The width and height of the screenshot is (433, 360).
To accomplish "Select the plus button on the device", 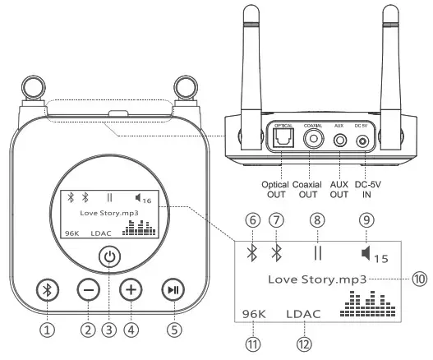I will (131, 289).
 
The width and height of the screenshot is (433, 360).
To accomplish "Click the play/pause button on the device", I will (173, 289).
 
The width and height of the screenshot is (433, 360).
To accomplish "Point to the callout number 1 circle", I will (48, 330).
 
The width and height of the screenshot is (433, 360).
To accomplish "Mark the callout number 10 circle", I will (421, 279).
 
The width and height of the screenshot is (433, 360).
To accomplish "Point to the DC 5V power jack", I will (362, 141).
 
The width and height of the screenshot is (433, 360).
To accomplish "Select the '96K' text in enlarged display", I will (254, 314).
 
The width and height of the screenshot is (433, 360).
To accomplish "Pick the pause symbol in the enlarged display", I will (316, 251).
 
